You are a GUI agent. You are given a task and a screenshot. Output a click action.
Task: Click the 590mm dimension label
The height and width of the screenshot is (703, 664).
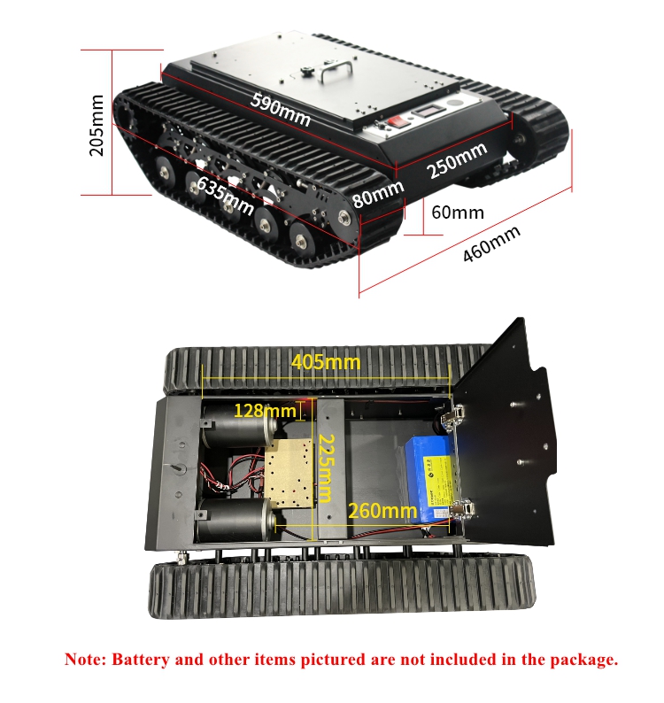281,110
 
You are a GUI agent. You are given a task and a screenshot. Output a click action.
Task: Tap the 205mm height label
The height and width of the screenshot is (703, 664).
97,125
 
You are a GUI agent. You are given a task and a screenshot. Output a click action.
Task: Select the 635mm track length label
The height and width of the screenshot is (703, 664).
226,196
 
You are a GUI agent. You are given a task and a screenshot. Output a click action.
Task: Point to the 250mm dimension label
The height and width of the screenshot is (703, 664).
457,160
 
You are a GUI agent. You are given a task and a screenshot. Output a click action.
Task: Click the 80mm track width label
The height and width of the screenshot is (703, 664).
378,194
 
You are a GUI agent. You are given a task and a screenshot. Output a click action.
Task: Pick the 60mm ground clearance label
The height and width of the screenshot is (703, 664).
458,212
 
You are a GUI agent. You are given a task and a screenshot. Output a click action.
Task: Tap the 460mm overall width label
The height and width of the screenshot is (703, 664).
492,243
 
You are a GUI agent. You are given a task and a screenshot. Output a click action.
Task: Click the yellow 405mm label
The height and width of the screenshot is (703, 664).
326,362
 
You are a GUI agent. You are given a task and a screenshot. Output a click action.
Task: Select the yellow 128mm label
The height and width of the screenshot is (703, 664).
265,411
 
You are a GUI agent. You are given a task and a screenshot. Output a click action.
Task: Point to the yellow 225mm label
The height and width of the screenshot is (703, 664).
327,468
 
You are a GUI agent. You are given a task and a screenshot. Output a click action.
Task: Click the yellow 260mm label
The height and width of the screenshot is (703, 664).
382,511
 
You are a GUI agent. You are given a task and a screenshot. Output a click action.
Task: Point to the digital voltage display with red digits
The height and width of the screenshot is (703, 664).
427,111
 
